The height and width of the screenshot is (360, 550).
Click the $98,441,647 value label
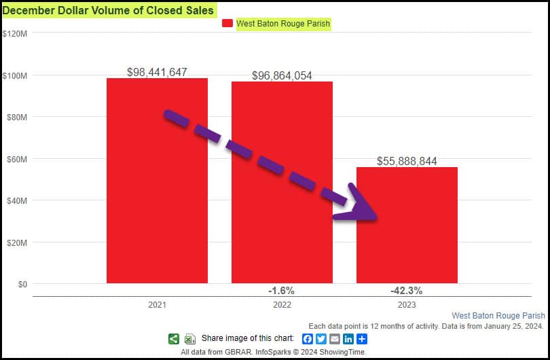pyautogui.click(x=157, y=72)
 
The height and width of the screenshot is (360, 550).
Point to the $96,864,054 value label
pyautogui.click(x=282, y=75)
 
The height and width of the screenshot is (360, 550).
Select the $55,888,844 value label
pyautogui.click(x=407, y=161)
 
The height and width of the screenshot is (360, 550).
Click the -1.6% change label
pyautogui.click(x=281, y=291)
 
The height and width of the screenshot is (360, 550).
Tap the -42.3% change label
pyautogui.click(x=406, y=291)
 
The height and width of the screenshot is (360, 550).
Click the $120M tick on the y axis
pyautogui.click(x=14, y=33)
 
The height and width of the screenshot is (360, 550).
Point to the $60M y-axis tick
pyautogui.click(x=16, y=159)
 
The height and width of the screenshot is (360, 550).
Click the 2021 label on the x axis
pyautogui.click(x=157, y=306)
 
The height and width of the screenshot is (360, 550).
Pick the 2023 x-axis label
pyautogui.click(x=407, y=306)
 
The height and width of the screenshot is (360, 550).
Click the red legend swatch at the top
pyautogui.click(x=227, y=24)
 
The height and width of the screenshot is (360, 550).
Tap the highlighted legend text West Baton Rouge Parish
pyautogui.click(x=283, y=24)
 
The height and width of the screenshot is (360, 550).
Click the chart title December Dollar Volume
pyautogui.click(x=108, y=10)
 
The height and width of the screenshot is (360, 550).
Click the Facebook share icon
pyautogui.click(x=308, y=339)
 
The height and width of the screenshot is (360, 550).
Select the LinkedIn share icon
pyautogui.click(x=348, y=339)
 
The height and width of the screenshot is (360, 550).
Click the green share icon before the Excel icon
pyautogui.click(x=173, y=339)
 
